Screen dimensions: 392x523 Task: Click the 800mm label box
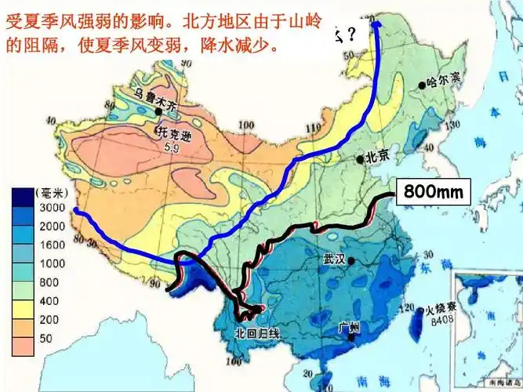[x=434, y=190]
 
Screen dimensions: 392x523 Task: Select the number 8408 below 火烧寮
[x=441, y=321]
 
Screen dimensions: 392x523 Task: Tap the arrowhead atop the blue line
[x=376, y=25]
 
